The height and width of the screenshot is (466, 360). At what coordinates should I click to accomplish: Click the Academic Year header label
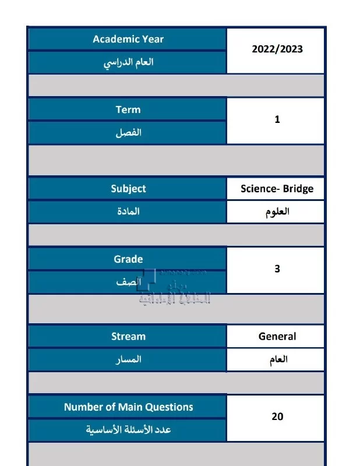click(x=128, y=39)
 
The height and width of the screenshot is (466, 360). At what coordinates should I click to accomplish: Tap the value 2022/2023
click(x=277, y=50)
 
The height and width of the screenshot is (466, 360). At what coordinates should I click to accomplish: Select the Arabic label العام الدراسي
click(x=128, y=62)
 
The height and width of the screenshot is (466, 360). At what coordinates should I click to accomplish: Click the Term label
click(x=128, y=110)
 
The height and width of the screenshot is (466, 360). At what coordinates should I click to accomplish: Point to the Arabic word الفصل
click(x=128, y=133)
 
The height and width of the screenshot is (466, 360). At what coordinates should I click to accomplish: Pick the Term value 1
click(x=277, y=119)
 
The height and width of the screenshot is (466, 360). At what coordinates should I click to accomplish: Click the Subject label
click(x=128, y=189)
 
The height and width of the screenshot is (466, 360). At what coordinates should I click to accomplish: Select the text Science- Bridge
click(x=277, y=189)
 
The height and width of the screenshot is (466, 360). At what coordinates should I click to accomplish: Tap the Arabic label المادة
click(x=128, y=211)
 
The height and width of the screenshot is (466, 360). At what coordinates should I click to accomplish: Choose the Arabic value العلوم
click(x=277, y=211)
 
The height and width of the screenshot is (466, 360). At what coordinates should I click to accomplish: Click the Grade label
click(x=128, y=259)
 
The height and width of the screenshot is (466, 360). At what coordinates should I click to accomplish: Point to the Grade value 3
click(x=277, y=269)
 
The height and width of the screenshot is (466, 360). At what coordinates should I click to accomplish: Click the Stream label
click(x=128, y=336)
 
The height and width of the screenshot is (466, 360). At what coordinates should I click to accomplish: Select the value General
click(x=277, y=336)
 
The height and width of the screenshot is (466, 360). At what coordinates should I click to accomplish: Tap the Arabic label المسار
click(x=128, y=359)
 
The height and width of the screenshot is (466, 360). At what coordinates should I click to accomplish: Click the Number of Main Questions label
click(x=128, y=407)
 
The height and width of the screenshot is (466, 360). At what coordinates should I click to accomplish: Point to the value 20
click(x=277, y=416)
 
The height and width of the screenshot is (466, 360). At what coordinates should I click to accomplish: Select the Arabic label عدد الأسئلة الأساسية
click(x=128, y=430)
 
